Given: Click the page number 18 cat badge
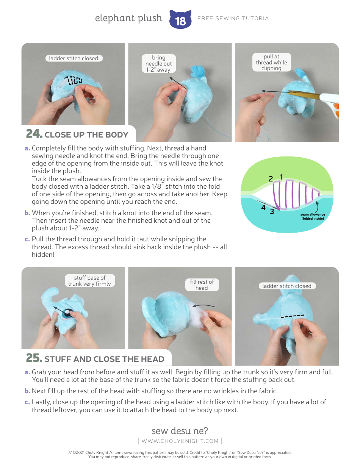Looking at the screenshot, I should click(180, 20).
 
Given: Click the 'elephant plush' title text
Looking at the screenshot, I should click(128, 18).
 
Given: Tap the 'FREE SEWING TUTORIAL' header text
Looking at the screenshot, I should click(235, 18).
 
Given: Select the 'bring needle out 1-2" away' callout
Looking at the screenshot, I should click(159, 64).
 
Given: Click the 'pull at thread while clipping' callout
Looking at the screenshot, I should click(271, 63).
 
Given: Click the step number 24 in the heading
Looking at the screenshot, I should click(34, 134).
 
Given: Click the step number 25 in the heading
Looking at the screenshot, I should click(34, 358).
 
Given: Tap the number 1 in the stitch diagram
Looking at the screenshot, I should click(282, 177).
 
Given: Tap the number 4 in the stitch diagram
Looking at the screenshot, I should click(263, 208).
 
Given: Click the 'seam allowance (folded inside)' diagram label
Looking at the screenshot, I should click(313, 216).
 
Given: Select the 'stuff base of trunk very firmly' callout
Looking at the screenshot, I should click(90, 281).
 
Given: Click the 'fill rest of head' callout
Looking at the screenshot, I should click(202, 285).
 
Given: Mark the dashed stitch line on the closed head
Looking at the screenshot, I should click(292, 316).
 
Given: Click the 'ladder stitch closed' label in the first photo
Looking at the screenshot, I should click(74, 58).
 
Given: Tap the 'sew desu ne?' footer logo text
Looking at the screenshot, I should click(180, 431).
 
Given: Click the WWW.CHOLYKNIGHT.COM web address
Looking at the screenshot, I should click(180, 441).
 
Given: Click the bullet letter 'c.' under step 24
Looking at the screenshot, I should click(27, 239).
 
